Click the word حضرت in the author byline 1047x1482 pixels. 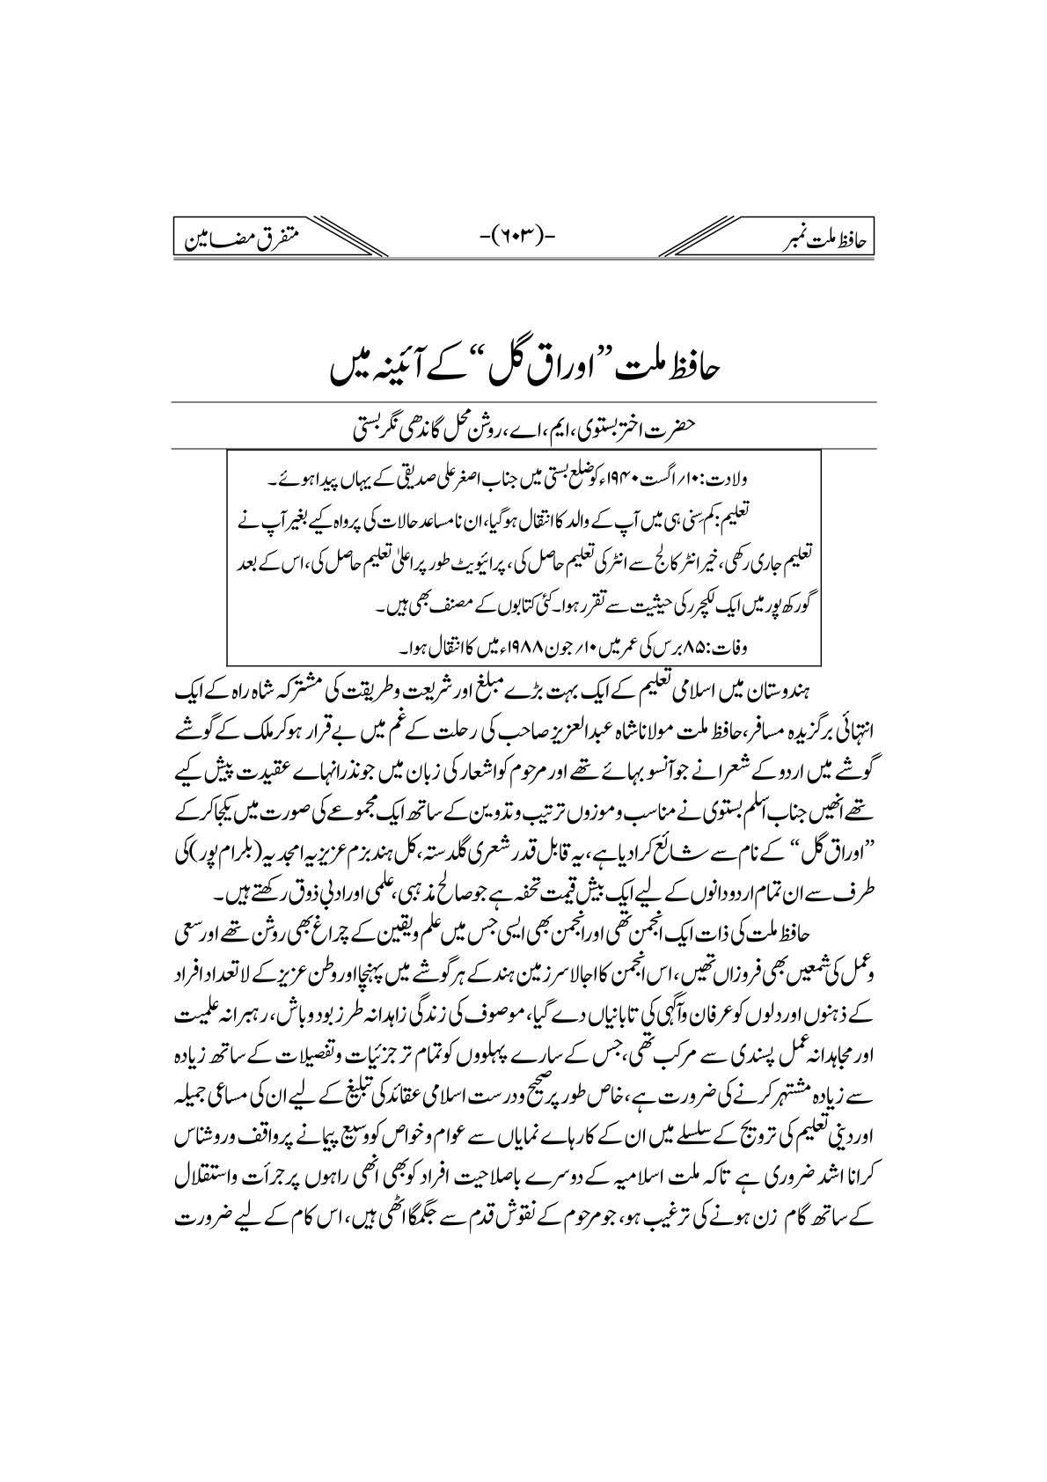coord(680,430)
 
